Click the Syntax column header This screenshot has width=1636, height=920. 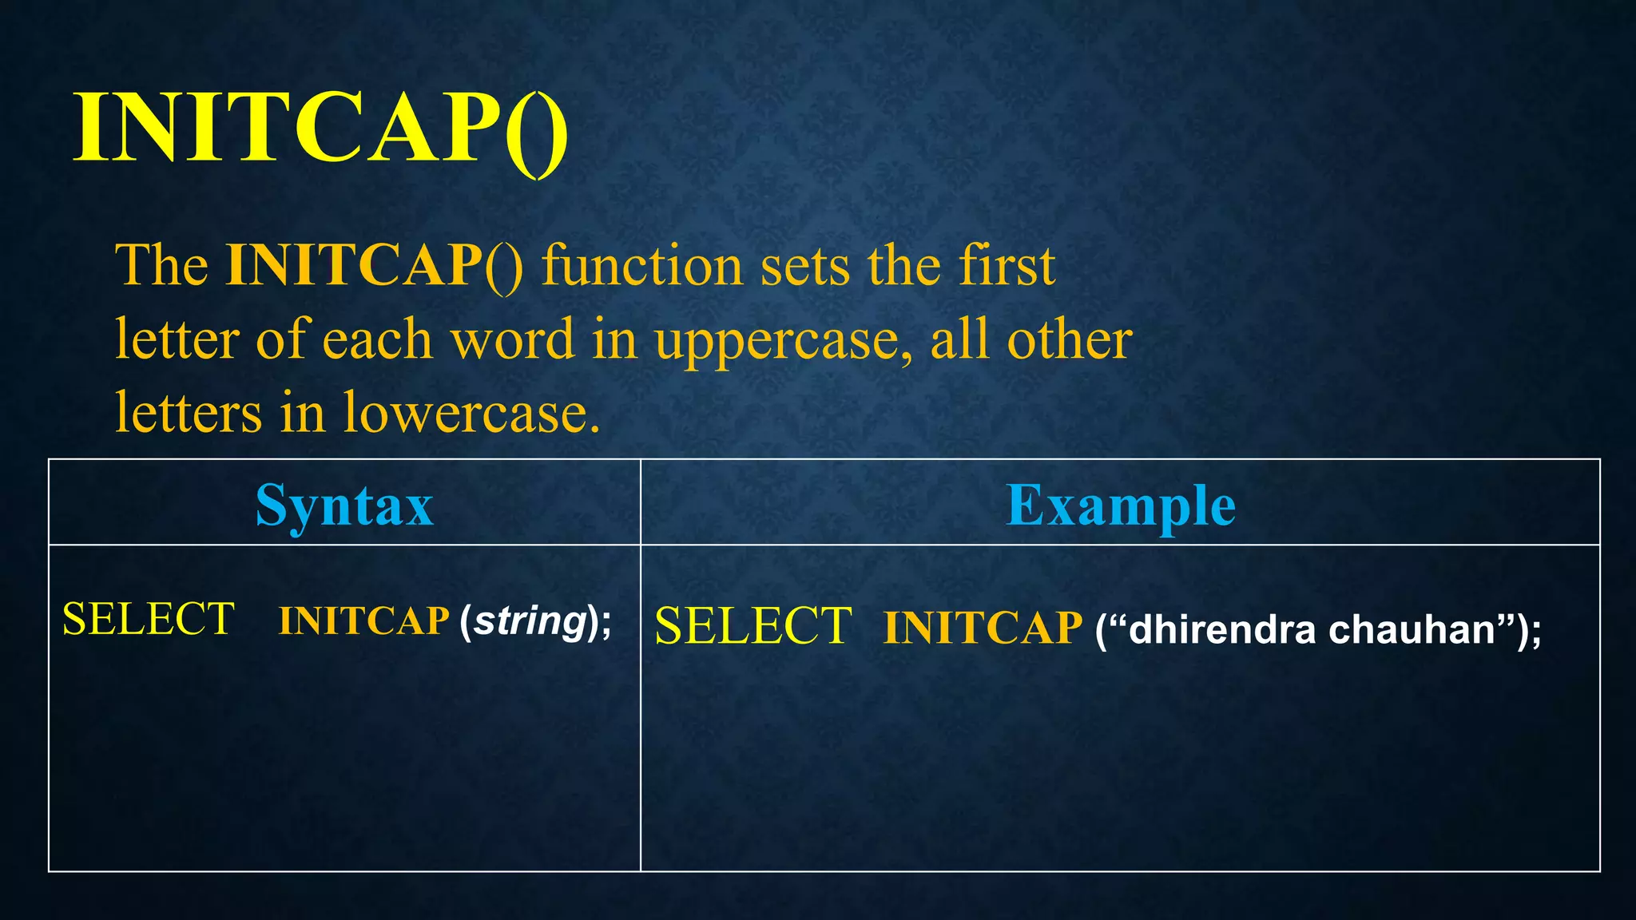[344, 505]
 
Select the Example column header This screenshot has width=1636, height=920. [1120, 505]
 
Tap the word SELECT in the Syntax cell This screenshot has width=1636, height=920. [149, 619]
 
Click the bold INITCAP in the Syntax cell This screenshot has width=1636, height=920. [363, 621]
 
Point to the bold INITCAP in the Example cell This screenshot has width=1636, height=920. [983, 628]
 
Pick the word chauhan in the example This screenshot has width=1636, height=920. [1412, 629]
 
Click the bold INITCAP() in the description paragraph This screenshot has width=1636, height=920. [374, 265]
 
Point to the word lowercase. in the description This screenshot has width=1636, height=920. [471, 413]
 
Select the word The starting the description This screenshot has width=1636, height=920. [161, 265]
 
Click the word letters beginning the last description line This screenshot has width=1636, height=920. [189, 413]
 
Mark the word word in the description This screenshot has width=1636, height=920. [513, 339]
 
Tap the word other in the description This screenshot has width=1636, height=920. [1069, 339]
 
